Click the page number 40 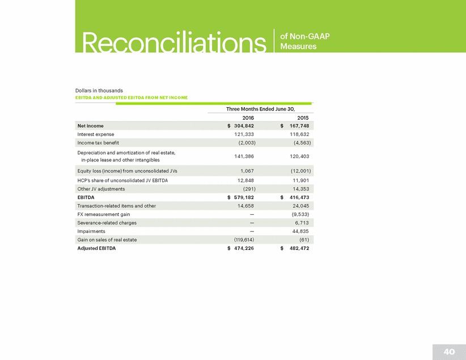click(x=449, y=351)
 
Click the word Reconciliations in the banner click(x=174, y=41)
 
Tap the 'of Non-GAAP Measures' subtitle click(x=305, y=41)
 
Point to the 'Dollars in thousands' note click(x=99, y=91)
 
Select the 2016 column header click(x=248, y=117)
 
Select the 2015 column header click(x=303, y=117)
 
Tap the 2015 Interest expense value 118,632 click(x=299, y=134)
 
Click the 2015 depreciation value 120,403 click(x=299, y=155)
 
